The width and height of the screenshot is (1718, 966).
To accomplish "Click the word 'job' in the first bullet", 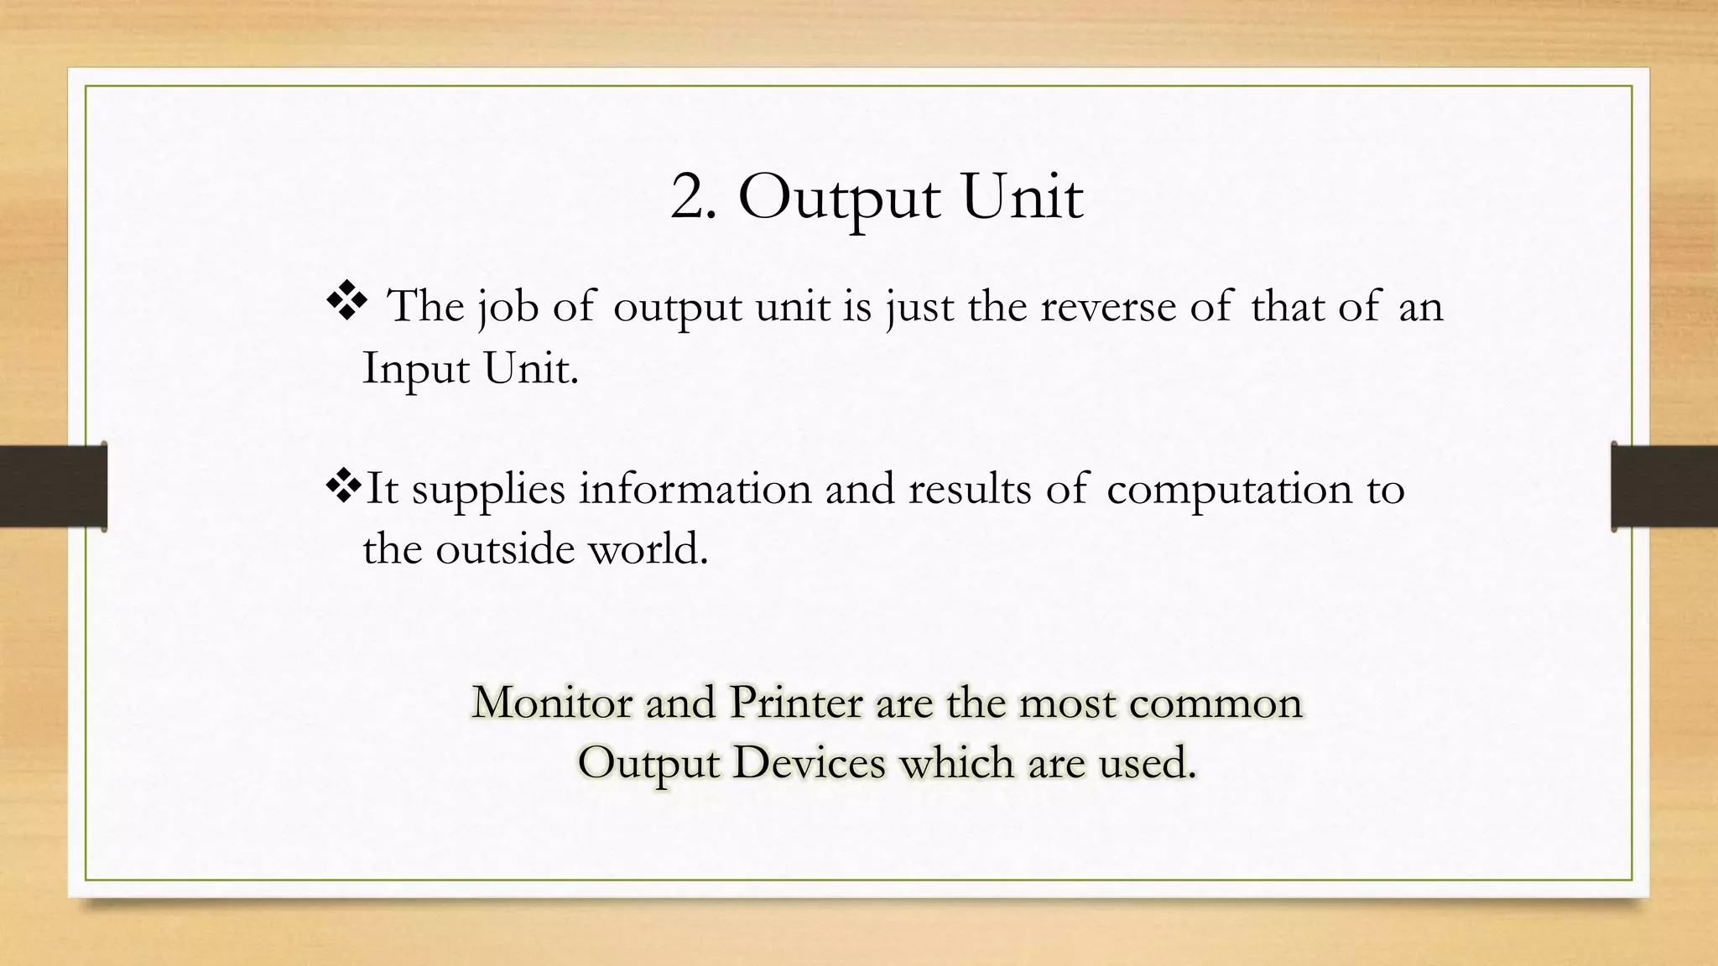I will click(508, 307).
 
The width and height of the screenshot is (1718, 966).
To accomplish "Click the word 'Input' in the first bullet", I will click(414, 369).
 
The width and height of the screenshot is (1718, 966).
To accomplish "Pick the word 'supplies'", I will click(488, 490).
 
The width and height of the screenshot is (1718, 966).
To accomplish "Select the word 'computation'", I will click(1229, 490).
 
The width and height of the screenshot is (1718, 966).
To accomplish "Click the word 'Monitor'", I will click(552, 703).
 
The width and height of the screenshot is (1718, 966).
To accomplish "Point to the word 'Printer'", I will click(795, 703).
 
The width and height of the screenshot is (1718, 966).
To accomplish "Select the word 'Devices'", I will click(809, 763).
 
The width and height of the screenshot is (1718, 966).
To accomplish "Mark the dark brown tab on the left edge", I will click(53, 486).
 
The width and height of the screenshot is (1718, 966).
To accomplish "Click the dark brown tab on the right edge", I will click(1664, 486).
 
